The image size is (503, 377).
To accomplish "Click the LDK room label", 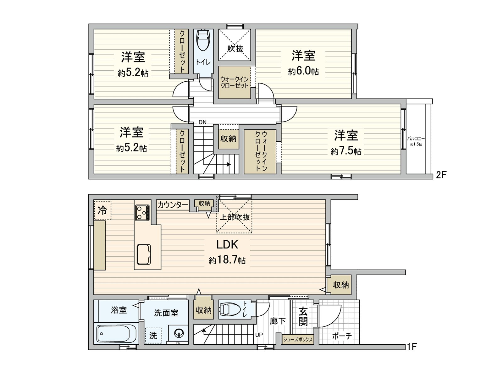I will pos(227,244).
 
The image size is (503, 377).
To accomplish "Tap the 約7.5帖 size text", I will pos(346,151).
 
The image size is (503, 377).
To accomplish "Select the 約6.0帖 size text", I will pos(303,71).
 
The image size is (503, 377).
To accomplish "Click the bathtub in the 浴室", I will pos(116,334).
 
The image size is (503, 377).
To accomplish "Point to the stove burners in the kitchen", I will pos(143,213).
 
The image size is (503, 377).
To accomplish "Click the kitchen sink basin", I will pos(144,254).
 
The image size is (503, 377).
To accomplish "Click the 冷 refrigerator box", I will pos(102,210).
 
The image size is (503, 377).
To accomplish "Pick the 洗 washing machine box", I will pos(153,335).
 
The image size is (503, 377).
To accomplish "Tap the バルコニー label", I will pos(416,138).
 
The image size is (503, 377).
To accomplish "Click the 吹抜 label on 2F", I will pos(235,48).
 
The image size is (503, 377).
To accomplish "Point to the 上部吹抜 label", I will pos(234,217).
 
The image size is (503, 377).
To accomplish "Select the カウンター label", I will pos(173,205).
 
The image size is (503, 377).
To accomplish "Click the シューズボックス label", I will pos(297,339).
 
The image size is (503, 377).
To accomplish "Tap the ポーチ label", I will pos(342,336).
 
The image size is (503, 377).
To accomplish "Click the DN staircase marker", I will pos(202,122).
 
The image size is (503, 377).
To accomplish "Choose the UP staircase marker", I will pos(259,335).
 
